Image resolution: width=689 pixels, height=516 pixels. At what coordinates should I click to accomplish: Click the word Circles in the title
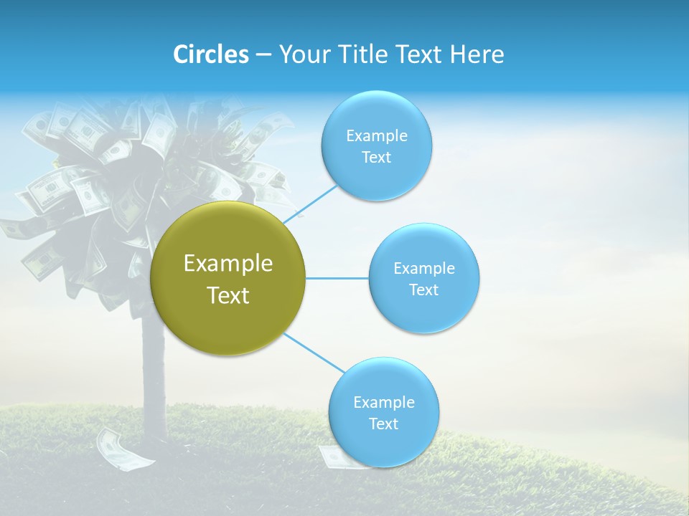pos(211,54)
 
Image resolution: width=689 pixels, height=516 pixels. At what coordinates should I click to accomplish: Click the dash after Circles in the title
pos(263,55)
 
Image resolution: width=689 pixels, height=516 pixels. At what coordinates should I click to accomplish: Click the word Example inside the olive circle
pos(228,264)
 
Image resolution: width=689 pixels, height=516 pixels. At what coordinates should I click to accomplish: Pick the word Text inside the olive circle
pos(228,295)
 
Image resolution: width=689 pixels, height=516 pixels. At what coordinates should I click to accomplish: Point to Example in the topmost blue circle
pos(376,136)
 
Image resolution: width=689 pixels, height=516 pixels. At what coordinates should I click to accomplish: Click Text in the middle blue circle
pos(423,290)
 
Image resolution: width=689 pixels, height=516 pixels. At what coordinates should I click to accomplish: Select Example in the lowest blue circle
pos(383,402)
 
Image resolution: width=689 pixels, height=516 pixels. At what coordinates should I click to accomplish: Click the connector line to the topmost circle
pos(311,204)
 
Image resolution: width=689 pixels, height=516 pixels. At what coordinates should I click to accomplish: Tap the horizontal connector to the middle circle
pos(337,278)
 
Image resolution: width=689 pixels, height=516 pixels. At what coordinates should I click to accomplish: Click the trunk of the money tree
pos(154,373)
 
